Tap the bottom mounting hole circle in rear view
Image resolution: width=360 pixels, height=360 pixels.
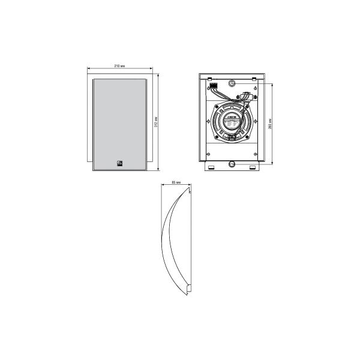(232, 163)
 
